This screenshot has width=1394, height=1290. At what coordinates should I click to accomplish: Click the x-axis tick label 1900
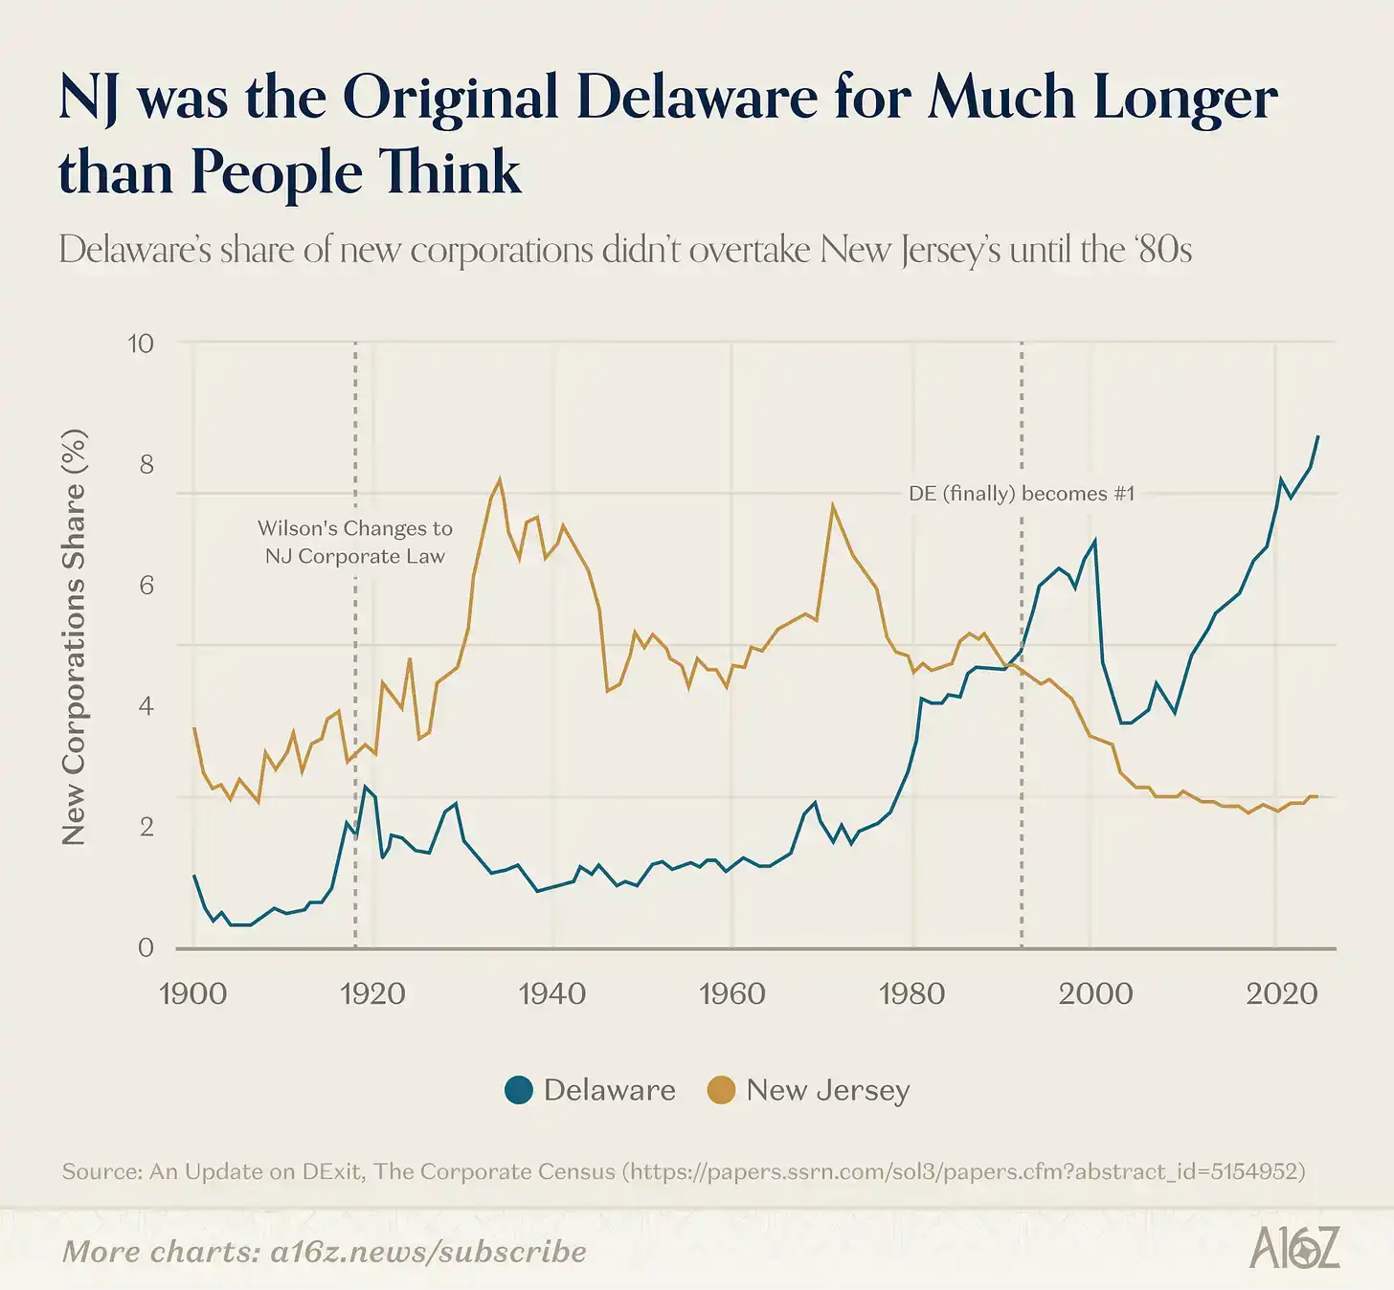tap(192, 993)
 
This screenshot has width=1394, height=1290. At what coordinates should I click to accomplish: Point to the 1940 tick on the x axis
tap(552, 993)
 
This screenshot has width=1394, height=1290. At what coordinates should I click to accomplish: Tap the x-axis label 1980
tap(911, 993)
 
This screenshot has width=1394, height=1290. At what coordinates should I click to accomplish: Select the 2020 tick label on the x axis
tap(1281, 993)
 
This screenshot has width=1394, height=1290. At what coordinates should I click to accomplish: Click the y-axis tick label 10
tap(141, 344)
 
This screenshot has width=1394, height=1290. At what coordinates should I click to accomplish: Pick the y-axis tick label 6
tap(146, 586)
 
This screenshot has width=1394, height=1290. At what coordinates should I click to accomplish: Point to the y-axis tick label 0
tap(146, 947)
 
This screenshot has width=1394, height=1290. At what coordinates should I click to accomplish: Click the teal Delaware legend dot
tap(519, 1090)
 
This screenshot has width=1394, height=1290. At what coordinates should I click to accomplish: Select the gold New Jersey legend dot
tap(721, 1090)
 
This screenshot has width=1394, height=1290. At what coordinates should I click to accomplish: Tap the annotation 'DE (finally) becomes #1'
tap(1021, 494)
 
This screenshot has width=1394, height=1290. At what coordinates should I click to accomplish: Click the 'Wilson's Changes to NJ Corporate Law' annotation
tap(355, 542)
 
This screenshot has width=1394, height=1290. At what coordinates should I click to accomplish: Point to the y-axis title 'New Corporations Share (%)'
tap(74, 637)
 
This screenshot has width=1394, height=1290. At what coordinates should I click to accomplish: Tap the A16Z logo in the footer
tap(1294, 1248)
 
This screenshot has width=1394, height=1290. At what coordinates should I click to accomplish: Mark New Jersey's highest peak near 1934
tap(500, 479)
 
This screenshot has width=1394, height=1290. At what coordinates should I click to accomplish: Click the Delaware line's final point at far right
tap(1318, 436)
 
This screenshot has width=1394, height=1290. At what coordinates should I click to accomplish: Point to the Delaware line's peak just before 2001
tap(1094, 541)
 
